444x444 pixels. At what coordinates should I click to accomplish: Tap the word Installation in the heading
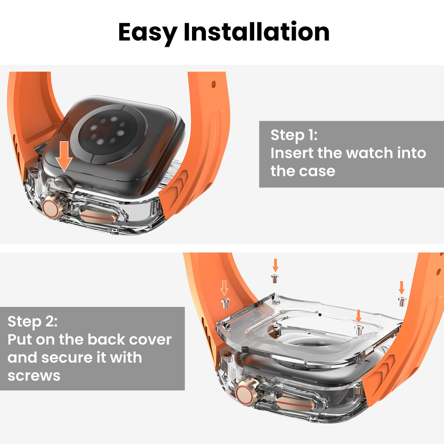256,32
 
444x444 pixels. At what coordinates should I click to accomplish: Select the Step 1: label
294,135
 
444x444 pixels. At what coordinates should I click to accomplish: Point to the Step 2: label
33,321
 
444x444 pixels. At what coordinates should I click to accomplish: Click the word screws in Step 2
34,376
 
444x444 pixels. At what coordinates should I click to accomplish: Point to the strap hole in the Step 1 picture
214,84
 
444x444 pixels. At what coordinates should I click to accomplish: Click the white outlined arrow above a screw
224,288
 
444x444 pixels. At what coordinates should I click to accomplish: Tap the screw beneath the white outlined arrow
225,302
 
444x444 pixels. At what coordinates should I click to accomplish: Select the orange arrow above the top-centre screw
275,265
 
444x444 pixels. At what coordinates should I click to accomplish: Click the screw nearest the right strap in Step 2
402,301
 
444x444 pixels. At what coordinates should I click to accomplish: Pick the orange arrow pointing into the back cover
358,316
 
